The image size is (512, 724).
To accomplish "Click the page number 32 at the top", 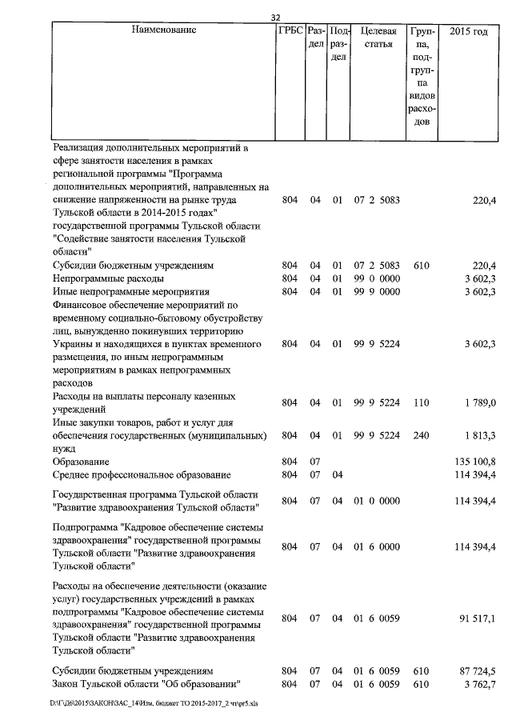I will (276, 18).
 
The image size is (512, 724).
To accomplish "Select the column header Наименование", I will (164, 30).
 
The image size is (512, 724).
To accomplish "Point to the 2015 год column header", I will (468, 30).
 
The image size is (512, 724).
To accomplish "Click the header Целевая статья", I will (376, 37).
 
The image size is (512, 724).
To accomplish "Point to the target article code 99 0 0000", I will (376, 278).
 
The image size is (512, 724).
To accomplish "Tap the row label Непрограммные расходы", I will (108, 278).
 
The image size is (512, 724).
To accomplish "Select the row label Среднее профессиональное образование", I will (141, 475).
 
